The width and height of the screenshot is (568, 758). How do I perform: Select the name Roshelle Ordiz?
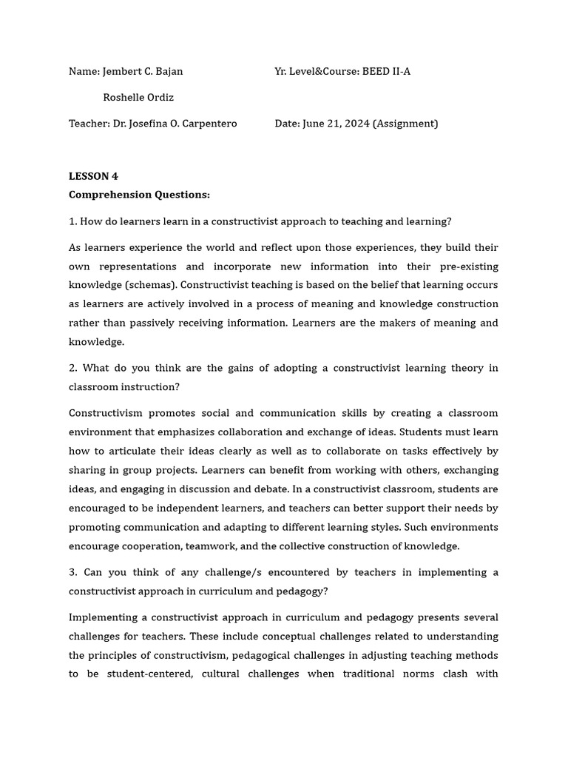[x=138, y=98]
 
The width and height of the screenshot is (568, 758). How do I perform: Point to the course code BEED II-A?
[x=386, y=72]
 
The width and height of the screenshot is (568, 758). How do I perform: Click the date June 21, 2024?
[x=336, y=124]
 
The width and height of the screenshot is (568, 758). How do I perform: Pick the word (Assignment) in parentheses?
[x=405, y=124]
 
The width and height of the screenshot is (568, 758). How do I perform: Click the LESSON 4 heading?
[x=93, y=176]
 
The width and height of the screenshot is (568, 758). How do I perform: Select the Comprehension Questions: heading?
[x=139, y=195]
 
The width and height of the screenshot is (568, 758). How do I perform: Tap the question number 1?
[x=72, y=221]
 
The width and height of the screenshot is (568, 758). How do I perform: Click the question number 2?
[x=72, y=368]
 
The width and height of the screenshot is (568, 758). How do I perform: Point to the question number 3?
[x=72, y=572]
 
